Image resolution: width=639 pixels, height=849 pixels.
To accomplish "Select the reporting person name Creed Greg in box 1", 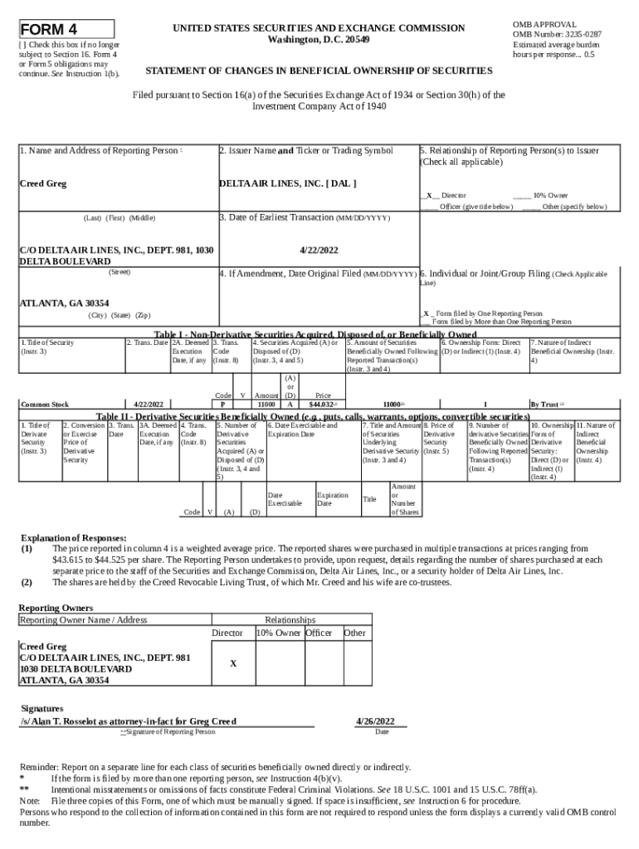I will pos(43,183).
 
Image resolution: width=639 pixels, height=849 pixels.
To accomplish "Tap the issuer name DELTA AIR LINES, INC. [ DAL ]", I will pos(288,183).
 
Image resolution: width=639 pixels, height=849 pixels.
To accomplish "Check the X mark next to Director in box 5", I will pos(428,196).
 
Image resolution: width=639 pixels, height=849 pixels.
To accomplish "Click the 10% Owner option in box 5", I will pos(550,196).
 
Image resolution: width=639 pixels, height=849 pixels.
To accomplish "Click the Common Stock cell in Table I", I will pos(45,404).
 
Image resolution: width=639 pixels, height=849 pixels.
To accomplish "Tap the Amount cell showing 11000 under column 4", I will pos(266,404).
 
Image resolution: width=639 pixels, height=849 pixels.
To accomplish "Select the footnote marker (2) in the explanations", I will pos(27,582).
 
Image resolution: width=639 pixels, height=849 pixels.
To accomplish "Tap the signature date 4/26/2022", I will pos(380,720).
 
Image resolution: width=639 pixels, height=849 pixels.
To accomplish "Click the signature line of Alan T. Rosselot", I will pos(129,720).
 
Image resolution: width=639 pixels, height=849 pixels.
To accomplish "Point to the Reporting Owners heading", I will pos(56,608).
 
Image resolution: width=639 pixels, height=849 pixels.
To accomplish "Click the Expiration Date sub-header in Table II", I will pos(332,499).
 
